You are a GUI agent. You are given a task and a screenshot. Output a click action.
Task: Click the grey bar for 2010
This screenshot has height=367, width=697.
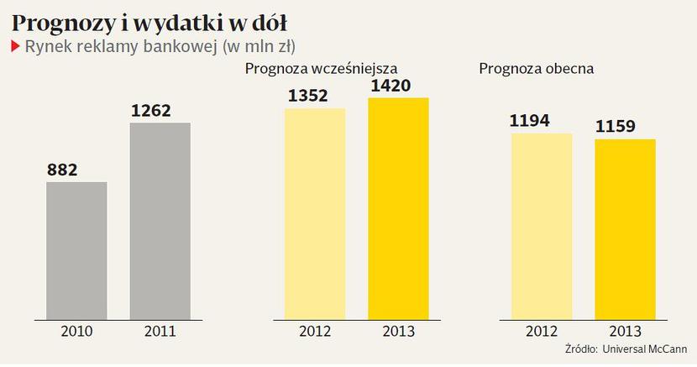point(76,250)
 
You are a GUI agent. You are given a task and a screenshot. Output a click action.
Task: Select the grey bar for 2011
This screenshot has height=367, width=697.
point(160,221)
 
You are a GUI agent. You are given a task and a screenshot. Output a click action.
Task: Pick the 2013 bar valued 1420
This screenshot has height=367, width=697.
point(398,208)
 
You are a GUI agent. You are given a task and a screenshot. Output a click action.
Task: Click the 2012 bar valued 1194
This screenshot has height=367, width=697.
point(542,226)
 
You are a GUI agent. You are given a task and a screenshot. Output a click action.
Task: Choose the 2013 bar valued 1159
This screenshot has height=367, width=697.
point(625,228)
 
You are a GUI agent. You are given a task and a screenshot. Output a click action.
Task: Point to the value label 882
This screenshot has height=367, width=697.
point(62,170)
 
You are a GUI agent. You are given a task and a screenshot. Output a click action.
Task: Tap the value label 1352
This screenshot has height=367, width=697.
point(308,95)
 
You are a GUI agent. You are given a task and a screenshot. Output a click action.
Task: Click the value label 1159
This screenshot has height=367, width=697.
point(617,127)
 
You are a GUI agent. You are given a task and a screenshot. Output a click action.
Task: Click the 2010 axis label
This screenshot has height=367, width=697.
point(76,331)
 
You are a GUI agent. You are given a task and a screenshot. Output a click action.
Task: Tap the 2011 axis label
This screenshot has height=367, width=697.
point(160,331)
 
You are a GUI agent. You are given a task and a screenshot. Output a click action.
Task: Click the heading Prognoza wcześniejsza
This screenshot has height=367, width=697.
point(320,68)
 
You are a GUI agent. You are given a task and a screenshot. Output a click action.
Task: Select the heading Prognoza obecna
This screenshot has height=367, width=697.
point(536,68)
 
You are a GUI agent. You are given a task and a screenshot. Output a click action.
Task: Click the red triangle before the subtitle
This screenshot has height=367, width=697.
point(15,45)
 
